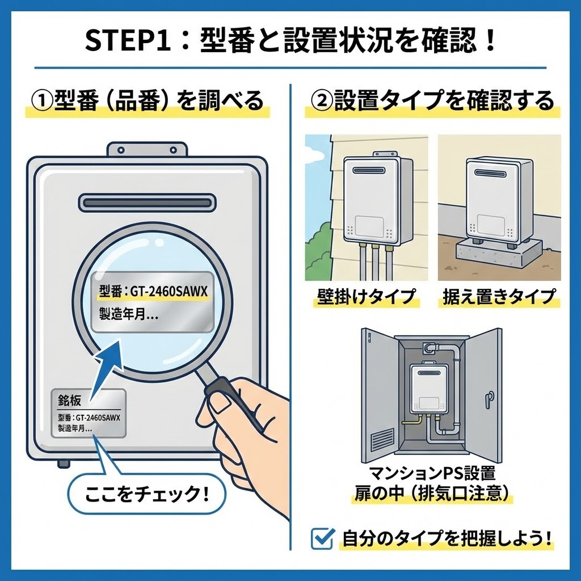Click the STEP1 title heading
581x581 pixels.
tap(290, 41)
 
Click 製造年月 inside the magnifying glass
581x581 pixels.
tap(128, 314)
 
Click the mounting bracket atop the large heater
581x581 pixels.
tap(147, 149)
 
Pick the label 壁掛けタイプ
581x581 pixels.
tap(367, 296)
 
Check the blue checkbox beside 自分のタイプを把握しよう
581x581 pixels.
tap(322, 538)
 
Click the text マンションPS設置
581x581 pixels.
tap(432, 473)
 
